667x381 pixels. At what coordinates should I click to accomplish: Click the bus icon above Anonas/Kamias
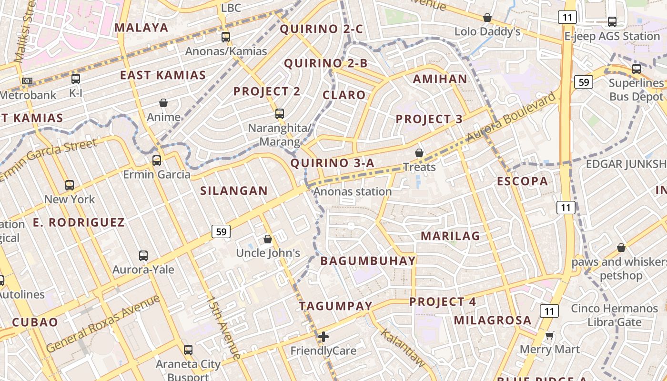coord(226,37)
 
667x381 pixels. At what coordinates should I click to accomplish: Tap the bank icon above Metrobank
coord(27,81)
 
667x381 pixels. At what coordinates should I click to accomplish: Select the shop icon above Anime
coord(163,103)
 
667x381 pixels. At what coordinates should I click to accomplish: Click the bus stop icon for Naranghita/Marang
coord(280,114)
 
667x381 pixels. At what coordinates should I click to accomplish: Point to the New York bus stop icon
coord(70,185)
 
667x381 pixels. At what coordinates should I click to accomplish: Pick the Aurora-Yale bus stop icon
coord(143,256)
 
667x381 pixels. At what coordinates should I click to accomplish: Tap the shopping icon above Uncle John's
coord(268,239)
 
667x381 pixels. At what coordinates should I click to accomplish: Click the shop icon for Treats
coord(419,153)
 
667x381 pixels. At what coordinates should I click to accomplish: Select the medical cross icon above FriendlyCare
coord(323,337)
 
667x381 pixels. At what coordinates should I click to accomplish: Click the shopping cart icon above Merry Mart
coord(549,335)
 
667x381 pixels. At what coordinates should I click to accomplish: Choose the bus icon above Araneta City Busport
coord(188,350)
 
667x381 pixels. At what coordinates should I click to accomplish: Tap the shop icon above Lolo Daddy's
coord(487,18)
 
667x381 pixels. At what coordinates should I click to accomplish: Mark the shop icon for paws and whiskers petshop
coord(621,248)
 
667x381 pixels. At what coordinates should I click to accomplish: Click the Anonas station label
coord(353,191)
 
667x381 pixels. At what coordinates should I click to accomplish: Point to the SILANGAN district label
coord(234,191)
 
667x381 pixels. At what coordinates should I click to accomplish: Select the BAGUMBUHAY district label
coord(368,261)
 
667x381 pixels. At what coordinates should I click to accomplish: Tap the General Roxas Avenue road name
coord(103,324)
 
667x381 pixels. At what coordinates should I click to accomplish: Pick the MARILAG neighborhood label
coord(450,236)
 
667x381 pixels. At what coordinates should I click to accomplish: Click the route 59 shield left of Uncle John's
coord(221,232)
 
